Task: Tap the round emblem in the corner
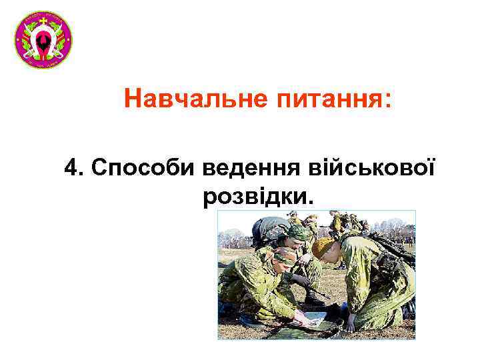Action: coord(43,40)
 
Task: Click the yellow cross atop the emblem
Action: coord(43,21)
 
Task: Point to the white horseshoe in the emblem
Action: coord(43,45)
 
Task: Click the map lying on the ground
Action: coord(313,318)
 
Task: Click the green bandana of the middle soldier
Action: coord(296,232)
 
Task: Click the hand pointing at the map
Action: coord(349,323)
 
